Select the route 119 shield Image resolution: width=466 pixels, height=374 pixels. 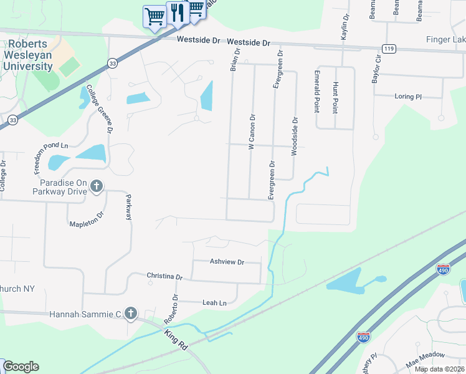click(389, 48)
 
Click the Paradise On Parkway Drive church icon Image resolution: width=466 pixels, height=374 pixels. click(97, 185)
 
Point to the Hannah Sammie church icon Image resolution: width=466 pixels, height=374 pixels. click(130, 314)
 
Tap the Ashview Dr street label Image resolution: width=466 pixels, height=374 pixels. click(227, 262)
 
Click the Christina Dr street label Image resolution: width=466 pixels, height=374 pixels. click(164, 276)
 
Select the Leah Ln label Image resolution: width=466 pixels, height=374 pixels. click(214, 302)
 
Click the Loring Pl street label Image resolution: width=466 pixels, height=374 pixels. click(408, 97)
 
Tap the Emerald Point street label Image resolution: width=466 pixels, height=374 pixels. click(316, 92)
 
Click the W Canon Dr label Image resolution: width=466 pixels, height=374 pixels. click(252, 131)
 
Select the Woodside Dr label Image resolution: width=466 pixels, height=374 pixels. click(294, 136)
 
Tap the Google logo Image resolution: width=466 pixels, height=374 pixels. click(20, 367)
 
